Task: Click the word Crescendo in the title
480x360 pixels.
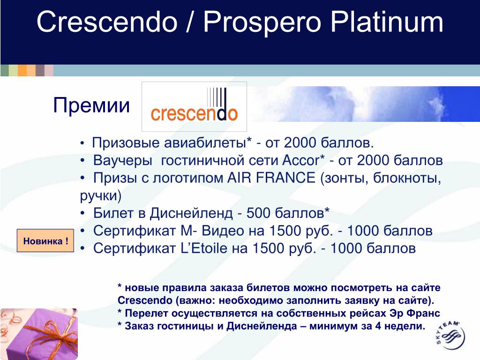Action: tap(107, 22)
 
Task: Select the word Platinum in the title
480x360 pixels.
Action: tap(387, 22)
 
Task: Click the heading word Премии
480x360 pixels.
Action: tap(91, 105)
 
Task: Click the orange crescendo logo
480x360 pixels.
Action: tap(194, 106)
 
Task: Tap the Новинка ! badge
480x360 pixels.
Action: tap(45, 240)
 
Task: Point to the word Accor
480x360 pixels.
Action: tap(301, 160)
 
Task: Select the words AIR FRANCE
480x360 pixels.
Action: tap(271, 178)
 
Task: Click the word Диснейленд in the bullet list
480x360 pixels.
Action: tap(191, 214)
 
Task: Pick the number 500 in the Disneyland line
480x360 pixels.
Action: tap(258, 213)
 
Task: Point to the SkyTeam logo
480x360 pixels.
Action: tap(450, 335)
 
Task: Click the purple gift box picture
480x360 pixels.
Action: tap(39, 334)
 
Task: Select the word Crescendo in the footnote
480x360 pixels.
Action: tap(145, 300)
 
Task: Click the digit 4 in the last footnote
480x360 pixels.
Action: tap(378, 326)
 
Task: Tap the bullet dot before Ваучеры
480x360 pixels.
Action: tap(82, 161)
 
